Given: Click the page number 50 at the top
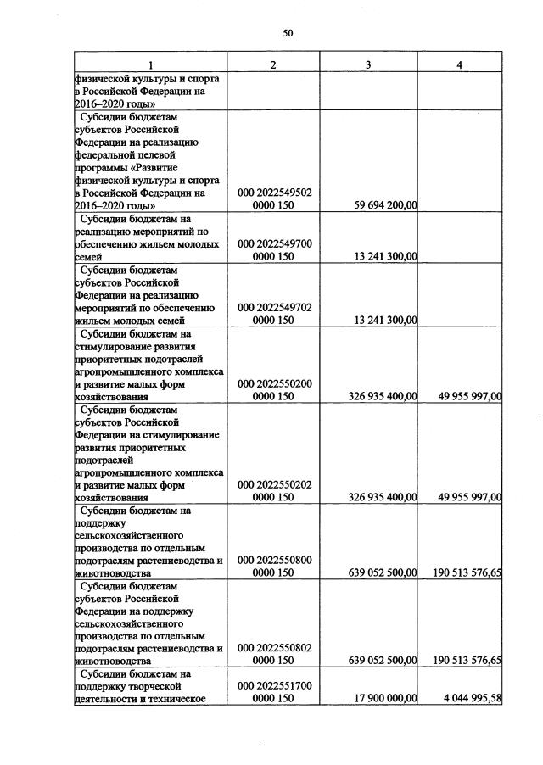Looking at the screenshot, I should (287, 33).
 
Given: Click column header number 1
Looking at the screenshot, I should (149, 66).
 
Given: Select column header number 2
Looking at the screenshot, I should (273, 66).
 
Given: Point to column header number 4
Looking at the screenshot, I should (459, 66).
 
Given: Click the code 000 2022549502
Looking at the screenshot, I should (276, 193).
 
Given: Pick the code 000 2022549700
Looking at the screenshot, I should (276, 243).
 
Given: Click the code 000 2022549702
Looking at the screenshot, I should (276, 307).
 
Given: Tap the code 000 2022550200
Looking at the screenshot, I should (276, 383).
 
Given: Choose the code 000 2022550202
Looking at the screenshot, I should (276, 484).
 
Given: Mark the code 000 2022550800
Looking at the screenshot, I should (276, 560).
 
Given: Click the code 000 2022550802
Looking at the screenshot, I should (276, 648).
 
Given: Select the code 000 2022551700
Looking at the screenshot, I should (276, 685).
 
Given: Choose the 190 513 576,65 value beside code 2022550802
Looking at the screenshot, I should (462, 661).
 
